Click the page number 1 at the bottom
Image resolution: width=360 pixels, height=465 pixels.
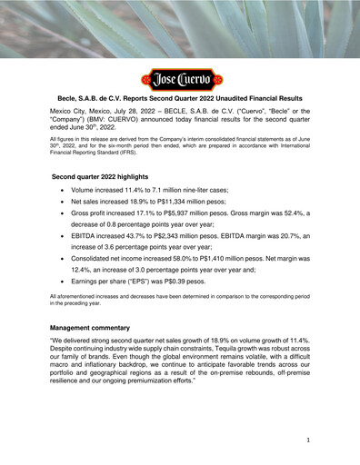(309, 440)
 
